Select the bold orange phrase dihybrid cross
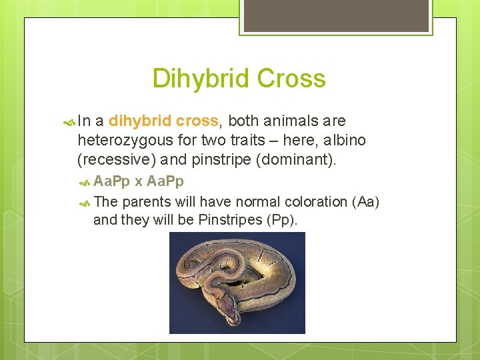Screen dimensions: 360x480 (x=163, y=121)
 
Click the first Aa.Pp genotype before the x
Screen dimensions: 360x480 (x=112, y=181)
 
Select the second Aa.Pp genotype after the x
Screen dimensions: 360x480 (x=165, y=181)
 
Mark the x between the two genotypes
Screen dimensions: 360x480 (x=139, y=182)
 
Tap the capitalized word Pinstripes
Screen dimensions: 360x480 (x=230, y=220)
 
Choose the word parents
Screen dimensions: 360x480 (x=145, y=201)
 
